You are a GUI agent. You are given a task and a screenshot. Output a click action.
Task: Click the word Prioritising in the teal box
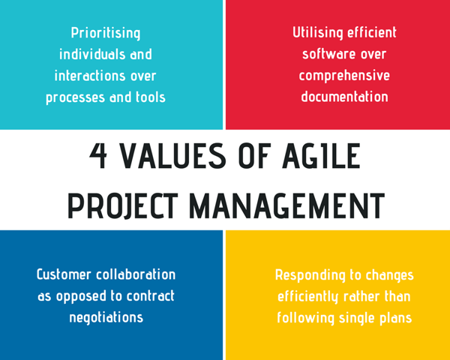point(106,33)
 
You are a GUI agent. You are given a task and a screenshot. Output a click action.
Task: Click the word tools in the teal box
point(151,97)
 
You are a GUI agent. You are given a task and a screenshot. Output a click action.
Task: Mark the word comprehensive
point(344,76)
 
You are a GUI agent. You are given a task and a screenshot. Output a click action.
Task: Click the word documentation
point(344,97)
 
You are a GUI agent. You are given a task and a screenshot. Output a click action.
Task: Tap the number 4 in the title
point(98,156)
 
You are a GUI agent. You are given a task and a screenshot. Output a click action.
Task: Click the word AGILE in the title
point(321,156)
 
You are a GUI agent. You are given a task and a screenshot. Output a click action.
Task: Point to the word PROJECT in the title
point(123,205)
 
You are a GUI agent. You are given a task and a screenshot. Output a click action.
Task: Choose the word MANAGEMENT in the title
point(286,205)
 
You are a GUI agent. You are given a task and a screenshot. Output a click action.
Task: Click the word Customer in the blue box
point(64,274)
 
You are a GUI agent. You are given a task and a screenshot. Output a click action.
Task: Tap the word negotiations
point(106,317)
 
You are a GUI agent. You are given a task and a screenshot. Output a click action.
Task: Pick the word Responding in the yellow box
point(310,275)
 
